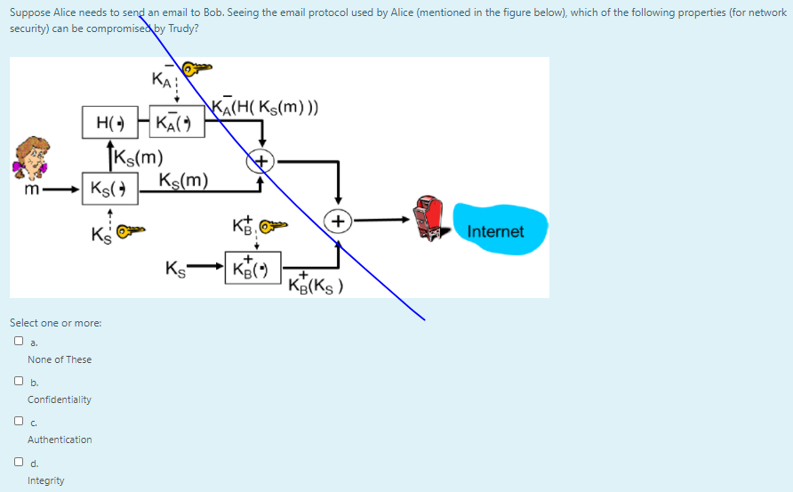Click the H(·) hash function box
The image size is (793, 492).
pos(110,122)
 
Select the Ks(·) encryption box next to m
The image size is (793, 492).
pos(110,189)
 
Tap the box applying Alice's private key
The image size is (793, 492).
pos(178,122)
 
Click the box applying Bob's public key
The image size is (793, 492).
pos(252,267)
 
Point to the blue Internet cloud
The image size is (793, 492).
pos(500,230)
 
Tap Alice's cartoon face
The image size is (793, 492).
pos(31,157)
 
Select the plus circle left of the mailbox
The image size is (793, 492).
pos(338,222)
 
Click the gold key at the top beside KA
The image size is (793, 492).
pos(196,68)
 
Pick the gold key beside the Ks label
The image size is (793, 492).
pos(131,230)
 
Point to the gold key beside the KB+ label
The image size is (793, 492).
pos(273,225)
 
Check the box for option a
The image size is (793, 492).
pos(19,341)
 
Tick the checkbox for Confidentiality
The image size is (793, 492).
pos(19,381)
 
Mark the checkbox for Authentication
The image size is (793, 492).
pos(19,421)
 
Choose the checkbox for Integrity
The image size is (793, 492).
pos(19,462)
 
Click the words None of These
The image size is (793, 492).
pos(60,359)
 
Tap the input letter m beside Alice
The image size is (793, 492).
pos(32,190)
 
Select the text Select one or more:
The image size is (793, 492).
pos(56,323)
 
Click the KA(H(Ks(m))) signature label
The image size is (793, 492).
pos(265,106)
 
